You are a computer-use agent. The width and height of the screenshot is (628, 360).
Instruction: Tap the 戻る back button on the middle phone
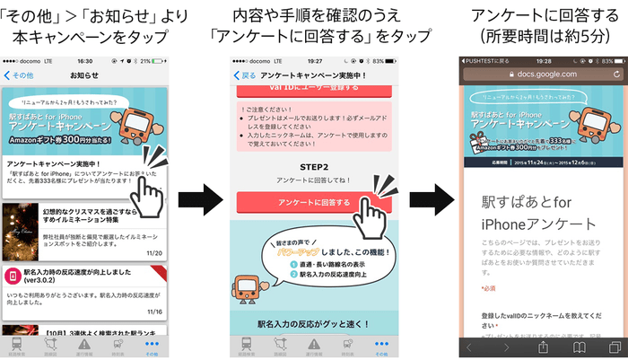[244, 76]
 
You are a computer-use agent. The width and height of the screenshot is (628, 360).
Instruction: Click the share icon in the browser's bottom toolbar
[543, 347]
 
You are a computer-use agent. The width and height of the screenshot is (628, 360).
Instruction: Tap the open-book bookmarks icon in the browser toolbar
[580, 347]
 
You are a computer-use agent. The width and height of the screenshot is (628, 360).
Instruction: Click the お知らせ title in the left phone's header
[83, 76]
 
